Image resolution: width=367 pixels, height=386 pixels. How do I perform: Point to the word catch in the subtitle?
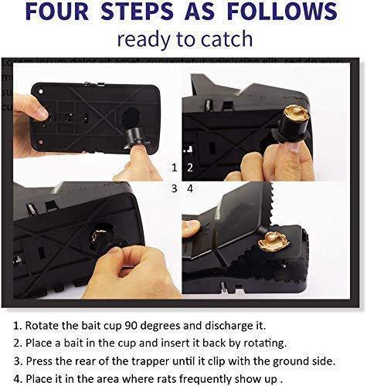point(228,40)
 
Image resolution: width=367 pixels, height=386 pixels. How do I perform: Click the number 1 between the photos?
point(174,167)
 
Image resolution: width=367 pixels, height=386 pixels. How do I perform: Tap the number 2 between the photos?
point(189,167)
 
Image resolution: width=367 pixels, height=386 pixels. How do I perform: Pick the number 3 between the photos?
point(174,188)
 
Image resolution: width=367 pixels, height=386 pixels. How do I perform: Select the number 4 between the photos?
point(189,188)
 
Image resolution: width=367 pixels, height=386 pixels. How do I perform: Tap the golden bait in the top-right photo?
point(296,114)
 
